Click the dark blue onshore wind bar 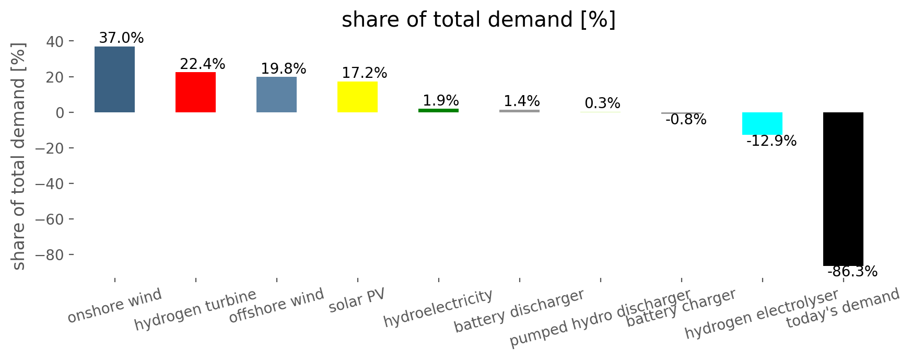pyautogui.click(x=114, y=79)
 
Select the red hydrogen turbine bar pyautogui.click(x=195, y=92)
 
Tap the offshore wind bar pyautogui.click(x=276, y=95)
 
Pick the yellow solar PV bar pyautogui.click(x=357, y=97)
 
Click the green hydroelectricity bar pyautogui.click(x=438, y=110)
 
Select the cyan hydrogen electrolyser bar pyautogui.click(x=762, y=124)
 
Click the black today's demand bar pyautogui.click(x=843, y=189)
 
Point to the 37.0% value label pyautogui.click(x=121, y=38)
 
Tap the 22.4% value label pyautogui.click(x=203, y=64)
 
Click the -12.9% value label pyautogui.click(x=771, y=141)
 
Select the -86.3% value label pyautogui.click(x=852, y=272)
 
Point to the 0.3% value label pyautogui.click(x=602, y=103)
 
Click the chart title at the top pyautogui.click(x=478, y=20)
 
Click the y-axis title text pyautogui.click(x=19, y=156)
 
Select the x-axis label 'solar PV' pyautogui.click(x=357, y=301)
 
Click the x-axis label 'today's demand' pyautogui.click(x=843, y=309)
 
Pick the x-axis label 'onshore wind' pyautogui.click(x=115, y=306)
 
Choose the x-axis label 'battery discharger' pyautogui.click(x=519, y=311)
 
